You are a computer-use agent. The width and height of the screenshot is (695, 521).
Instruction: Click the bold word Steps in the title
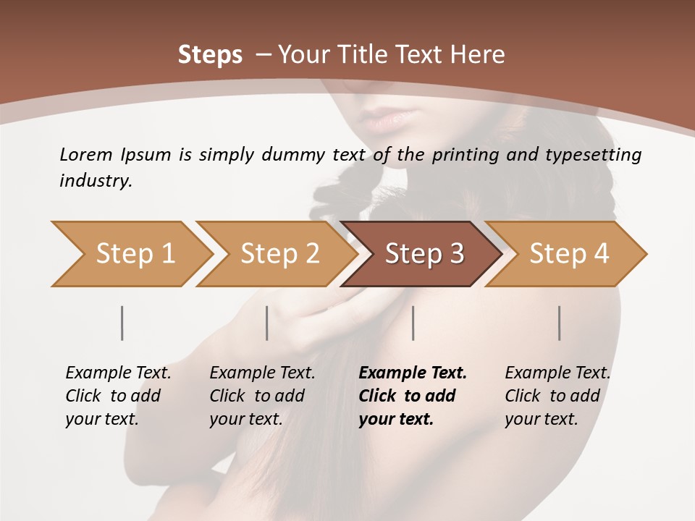(210, 54)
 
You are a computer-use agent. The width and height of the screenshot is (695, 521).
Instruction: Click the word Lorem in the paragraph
(85, 154)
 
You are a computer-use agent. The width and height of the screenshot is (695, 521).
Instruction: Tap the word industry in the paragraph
(95, 180)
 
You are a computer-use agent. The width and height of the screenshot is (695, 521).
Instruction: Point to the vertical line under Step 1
(122, 323)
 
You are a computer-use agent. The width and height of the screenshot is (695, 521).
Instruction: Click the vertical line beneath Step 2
(267, 323)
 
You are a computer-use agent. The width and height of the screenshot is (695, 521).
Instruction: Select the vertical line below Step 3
(413, 323)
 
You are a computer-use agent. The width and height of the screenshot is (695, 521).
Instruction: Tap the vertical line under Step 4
(559, 323)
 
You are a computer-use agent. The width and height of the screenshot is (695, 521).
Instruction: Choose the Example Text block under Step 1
(118, 396)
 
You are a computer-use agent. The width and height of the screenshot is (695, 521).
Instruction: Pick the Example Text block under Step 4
(557, 396)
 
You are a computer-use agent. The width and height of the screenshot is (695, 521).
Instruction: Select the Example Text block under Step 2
(262, 396)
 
